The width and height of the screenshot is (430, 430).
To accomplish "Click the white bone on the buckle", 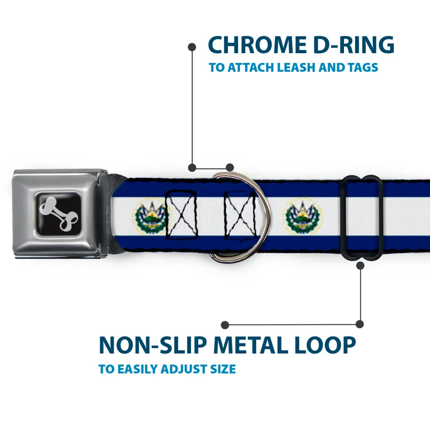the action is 59,213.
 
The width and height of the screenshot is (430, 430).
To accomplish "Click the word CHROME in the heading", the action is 257,45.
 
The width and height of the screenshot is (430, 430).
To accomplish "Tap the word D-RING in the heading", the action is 354,45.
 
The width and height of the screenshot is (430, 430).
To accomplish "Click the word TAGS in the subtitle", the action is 363,67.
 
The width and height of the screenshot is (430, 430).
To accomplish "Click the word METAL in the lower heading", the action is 251,345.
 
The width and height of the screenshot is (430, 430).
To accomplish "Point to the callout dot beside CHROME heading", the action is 192,47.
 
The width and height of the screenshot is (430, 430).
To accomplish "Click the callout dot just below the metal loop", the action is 360,265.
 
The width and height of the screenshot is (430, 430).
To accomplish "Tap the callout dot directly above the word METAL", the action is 225,325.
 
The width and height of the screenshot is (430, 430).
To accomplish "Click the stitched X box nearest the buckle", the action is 181,215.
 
